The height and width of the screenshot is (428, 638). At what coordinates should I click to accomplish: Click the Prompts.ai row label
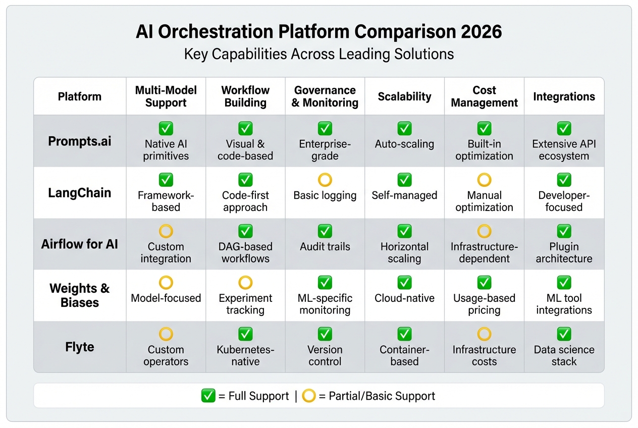click(80, 141)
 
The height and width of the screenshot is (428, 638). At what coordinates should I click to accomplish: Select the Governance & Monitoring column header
click(325, 96)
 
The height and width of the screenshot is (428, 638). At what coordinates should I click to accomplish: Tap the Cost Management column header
click(484, 96)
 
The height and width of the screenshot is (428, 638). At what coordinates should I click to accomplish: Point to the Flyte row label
click(80, 347)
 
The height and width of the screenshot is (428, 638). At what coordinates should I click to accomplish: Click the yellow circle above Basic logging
click(325, 180)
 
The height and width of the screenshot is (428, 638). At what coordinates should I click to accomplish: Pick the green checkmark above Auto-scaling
click(404, 128)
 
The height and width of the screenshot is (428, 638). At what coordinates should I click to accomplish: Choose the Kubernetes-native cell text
click(245, 355)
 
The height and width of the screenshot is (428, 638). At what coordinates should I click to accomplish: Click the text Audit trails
click(325, 247)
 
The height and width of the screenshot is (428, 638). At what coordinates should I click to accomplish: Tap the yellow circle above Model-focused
click(166, 283)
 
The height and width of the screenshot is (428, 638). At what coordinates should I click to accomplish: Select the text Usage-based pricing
click(484, 304)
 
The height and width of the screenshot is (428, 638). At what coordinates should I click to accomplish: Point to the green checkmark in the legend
click(208, 396)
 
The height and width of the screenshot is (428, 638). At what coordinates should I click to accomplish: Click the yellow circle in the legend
click(309, 396)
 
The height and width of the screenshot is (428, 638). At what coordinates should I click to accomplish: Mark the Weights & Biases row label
click(80, 296)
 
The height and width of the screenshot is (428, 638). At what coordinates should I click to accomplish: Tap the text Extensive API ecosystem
click(564, 150)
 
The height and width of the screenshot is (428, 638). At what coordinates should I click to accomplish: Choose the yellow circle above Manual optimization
click(484, 180)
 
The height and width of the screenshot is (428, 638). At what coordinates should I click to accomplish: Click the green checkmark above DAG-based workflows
click(245, 231)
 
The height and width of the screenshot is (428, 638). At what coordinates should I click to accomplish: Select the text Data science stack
click(564, 355)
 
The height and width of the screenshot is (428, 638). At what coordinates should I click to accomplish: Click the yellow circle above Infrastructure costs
click(484, 334)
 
